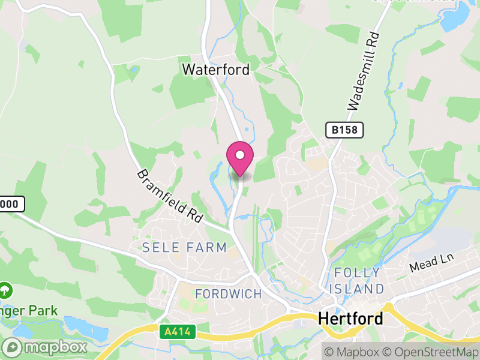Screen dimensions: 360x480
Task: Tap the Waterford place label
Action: point(216,70)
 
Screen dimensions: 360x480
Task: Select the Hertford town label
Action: point(350,318)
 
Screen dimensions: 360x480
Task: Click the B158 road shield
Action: point(345,130)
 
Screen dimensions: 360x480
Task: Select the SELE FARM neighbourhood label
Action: point(185,247)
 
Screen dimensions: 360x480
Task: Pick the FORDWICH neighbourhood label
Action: point(229,294)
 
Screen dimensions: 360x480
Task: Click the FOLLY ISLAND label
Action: point(359,281)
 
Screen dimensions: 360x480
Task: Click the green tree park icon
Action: point(5,290)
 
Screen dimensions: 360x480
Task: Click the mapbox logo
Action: point(45,347)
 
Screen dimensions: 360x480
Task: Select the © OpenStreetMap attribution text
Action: point(431,352)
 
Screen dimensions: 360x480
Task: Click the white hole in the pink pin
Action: point(240,155)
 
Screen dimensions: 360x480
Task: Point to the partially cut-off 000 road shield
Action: point(11,204)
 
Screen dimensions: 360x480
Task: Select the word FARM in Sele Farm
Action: point(208,247)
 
